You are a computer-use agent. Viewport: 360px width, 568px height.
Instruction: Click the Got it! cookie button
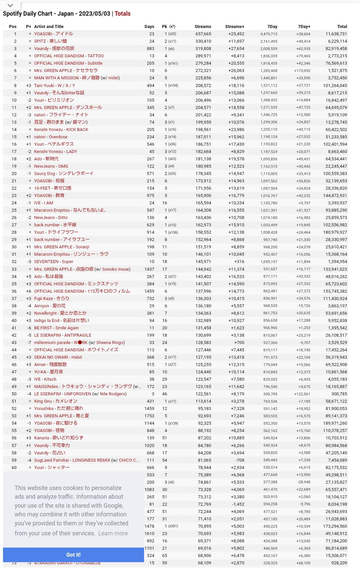tap(73, 555)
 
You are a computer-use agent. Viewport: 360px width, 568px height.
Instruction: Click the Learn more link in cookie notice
tap(113, 533)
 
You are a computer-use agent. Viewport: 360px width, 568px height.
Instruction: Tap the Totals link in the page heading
tap(122, 14)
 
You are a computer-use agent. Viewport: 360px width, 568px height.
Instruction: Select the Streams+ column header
tap(235, 27)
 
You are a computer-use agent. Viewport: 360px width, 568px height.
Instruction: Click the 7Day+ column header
tap(304, 27)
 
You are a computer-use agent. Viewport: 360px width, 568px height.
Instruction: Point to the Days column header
tap(149, 27)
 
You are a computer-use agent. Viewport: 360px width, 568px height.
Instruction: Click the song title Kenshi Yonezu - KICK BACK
tap(61, 129)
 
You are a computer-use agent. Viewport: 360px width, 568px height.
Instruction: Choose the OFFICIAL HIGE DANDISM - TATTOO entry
tap(69, 56)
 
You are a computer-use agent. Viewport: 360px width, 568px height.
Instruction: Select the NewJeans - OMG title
tap(51, 166)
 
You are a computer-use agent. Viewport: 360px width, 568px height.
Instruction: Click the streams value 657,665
tap(203, 34)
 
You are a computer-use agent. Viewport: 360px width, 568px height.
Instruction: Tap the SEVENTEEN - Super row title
tap(54, 262)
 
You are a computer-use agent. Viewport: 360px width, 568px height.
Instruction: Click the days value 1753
tap(149, 416)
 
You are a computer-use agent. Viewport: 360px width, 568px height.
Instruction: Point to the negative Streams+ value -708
tap(240, 460)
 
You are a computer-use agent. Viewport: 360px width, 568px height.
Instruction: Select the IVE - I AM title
tap(43, 203)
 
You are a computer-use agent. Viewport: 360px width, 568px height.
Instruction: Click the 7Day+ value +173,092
tap(302, 71)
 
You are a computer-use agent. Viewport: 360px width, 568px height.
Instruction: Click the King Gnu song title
tap(56, 401)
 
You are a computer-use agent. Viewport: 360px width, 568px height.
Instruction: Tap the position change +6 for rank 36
tap(29, 291)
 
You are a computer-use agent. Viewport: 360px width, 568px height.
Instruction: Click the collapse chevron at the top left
tap(10, 5)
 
